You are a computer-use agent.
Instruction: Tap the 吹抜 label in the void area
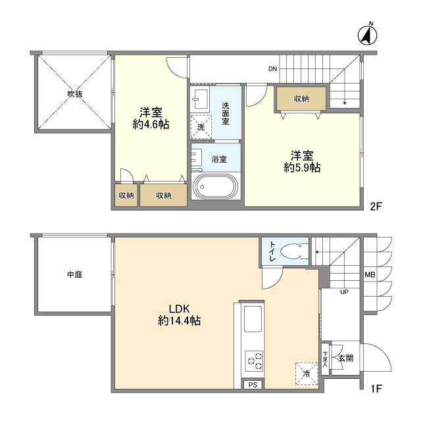click(x=74, y=94)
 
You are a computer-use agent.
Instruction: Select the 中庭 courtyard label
click(x=74, y=274)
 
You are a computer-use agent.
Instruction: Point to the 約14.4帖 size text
click(x=179, y=321)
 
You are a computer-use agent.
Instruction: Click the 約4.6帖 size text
click(x=151, y=124)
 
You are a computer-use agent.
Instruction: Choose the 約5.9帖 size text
click(x=302, y=168)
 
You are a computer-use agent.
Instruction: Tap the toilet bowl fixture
click(x=294, y=251)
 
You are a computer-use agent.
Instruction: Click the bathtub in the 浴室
click(x=216, y=186)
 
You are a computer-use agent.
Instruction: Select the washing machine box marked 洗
click(x=201, y=125)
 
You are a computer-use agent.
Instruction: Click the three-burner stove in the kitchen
click(x=254, y=361)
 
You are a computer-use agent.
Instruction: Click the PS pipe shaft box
click(x=253, y=385)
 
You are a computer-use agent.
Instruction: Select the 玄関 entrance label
click(x=346, y=359)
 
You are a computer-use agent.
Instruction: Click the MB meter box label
click(x=370, y=275)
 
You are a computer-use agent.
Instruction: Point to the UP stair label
click(x=343, y=291)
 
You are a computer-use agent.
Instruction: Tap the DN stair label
click(x=272, y=69)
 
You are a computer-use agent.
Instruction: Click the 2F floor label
click(x=376, y=207)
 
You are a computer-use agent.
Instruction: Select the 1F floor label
click(x=375, y=389)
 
